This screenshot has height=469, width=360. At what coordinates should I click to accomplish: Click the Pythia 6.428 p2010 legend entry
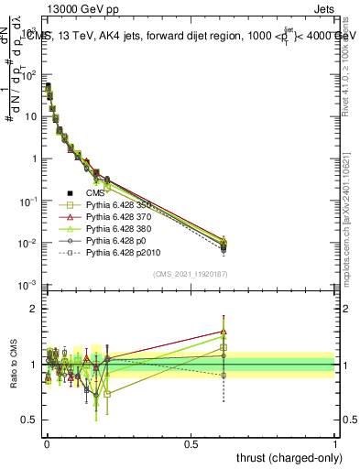[x=125, y=262]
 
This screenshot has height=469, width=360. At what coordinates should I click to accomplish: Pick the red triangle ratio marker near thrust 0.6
[x=224, y=332]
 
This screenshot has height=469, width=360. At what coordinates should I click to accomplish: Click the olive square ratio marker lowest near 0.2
[x=108, y=393]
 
